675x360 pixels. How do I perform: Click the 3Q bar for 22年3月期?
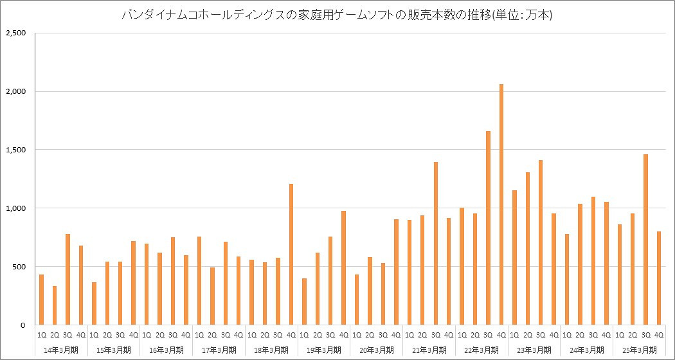(x=489, y=228)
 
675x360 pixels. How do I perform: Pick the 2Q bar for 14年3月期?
(x=55, y=305)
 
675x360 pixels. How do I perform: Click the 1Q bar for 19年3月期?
(x=304, y=301)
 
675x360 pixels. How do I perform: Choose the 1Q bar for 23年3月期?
(x=514, y=258)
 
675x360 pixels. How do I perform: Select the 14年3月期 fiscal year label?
(x=61, y=350)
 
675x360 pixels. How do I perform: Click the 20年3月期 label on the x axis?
(x=376, y=350)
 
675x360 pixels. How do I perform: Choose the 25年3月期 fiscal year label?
(x=639, y=350)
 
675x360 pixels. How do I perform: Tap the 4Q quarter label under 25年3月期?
(x=659, y=335)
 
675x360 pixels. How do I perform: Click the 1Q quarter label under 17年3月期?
(x=199, y=335)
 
